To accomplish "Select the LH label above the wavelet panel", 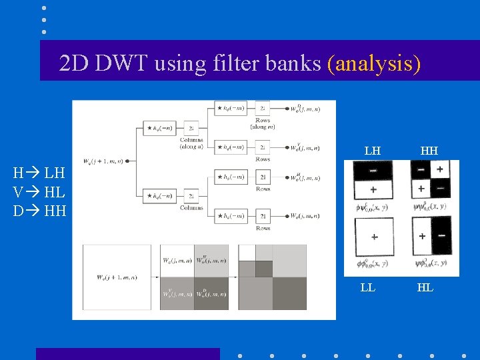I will [373, 151].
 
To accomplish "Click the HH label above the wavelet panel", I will [429, 151].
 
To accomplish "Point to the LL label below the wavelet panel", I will [367, 287].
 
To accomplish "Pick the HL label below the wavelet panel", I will [425, 287].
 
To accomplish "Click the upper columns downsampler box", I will [191, 128].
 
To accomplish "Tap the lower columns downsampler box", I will [191, 195].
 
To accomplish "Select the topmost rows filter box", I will [230, 108].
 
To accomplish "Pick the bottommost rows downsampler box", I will [263, 216].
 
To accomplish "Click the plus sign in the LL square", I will [373, 237].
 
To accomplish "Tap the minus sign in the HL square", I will [441, 237].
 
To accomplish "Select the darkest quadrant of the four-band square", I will [211, 294].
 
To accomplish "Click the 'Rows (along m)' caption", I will [263, 123].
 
